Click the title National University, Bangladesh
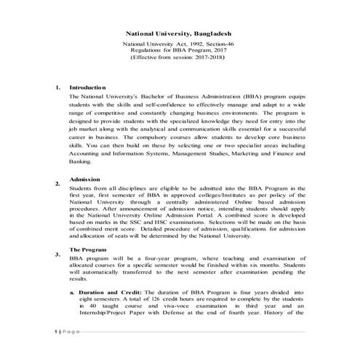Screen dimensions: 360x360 coord(180,33)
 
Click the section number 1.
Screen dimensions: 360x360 coord(57,87)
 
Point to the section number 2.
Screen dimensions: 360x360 coord(57,185)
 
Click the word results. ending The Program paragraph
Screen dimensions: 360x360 coord(79,279)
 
